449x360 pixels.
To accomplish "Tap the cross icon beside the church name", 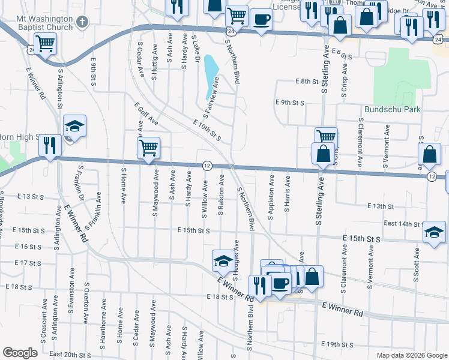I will coord(83,23).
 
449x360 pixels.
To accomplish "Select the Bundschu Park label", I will coord(393,110).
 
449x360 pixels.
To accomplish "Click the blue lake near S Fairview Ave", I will coord(211,76).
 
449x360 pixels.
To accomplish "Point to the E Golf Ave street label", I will coord(146,113).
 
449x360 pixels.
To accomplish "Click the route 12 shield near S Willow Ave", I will coord(206,165).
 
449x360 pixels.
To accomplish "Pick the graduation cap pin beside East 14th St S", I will coord(434,232).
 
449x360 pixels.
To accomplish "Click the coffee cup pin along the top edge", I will coord(261,19).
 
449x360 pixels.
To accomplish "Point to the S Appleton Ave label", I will coord(271,197).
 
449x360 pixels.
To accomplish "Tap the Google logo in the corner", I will coord(20,353).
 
